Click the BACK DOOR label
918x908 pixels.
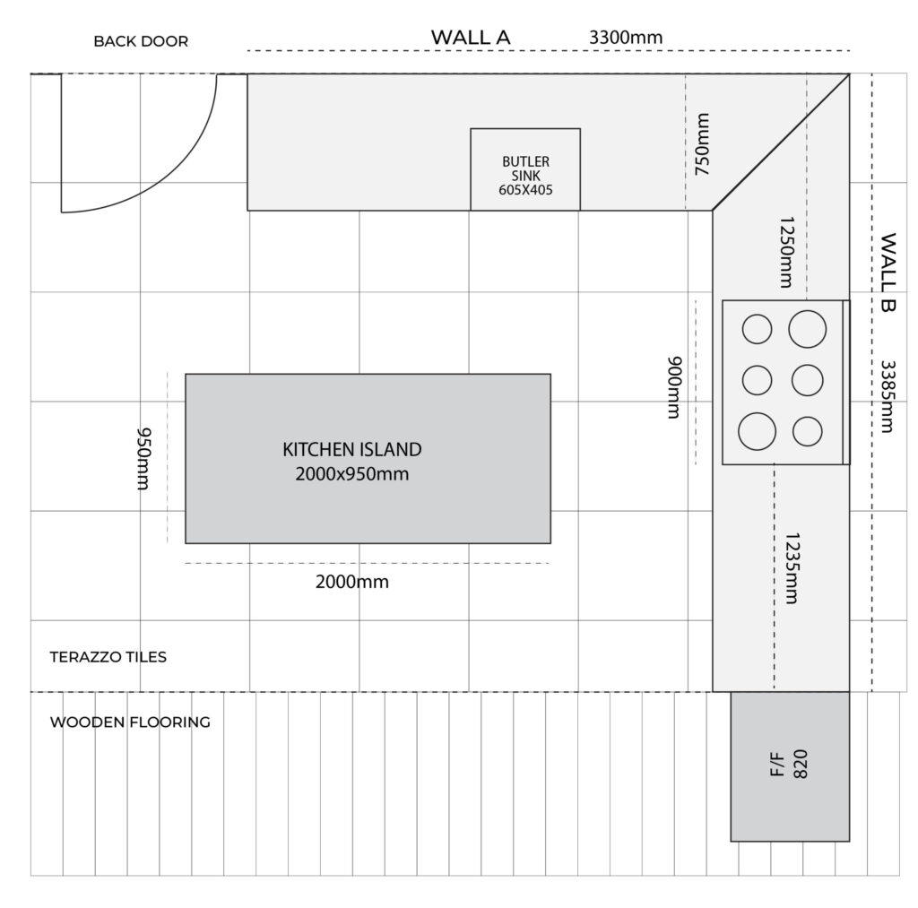point(141,41)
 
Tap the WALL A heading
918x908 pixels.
point(471,38)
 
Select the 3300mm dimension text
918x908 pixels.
point(625,38)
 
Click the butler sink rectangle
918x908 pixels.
point(525,169)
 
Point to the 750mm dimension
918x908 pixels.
point(702,144)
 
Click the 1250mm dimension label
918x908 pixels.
point(786,252)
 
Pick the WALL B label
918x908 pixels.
point(888,272)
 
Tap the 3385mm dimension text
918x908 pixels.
point(888,396)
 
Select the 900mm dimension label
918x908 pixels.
point(675,387)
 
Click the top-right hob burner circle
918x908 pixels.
point(808,329)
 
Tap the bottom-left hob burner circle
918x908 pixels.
point(757,431)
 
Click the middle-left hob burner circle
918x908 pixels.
point(757,380)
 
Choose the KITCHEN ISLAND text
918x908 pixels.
point(351,450)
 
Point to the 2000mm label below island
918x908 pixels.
point(351,582)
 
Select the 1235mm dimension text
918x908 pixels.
point(792,568)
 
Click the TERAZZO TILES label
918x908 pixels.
point(108,657)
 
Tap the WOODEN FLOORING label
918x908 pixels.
point(130,722)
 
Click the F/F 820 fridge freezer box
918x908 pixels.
point(790,766)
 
